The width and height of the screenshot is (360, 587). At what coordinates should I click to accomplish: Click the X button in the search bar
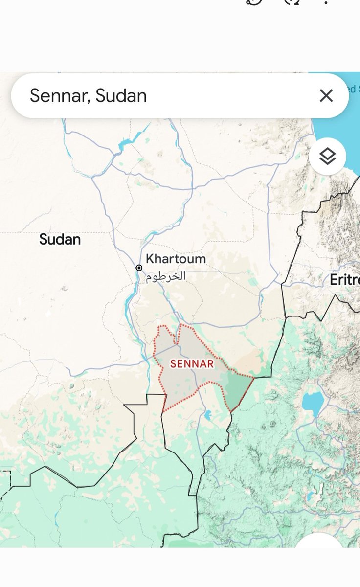pos(326,95)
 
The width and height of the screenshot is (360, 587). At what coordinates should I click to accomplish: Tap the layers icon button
pos(327,157)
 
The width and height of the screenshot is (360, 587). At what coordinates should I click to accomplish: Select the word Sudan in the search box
pos(121,95)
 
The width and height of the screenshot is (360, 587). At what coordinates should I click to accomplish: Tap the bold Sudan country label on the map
pos(60,239)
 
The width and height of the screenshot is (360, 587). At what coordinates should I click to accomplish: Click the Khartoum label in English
pos(176,259)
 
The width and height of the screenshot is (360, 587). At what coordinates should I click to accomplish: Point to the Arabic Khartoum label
pos(165,276)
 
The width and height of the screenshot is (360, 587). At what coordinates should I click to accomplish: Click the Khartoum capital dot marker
pos(139,268)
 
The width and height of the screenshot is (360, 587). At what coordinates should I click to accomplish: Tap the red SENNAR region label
pos(192,364)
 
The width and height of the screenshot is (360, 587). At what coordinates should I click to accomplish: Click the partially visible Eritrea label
pos(344,280)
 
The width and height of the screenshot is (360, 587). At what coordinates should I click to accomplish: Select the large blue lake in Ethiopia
pos(313,402)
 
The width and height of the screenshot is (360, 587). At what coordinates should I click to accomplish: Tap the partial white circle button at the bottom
pos(320,541)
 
